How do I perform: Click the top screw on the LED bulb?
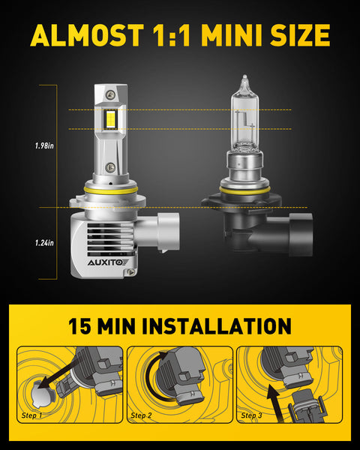(111, 95)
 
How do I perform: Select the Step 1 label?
(31, 414)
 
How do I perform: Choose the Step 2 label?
(142, 414)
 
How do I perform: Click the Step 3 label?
(252, 414)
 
